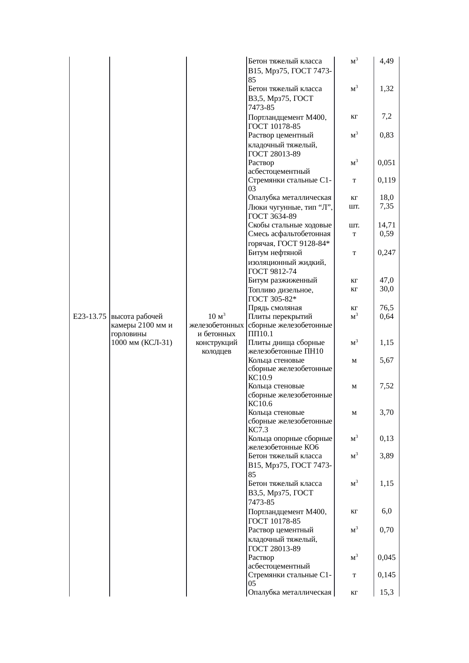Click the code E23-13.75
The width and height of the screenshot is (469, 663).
(x=89, y=316)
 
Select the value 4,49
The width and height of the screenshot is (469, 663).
(x=387, y=61)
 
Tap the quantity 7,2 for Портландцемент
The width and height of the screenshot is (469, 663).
(x=387, y=116)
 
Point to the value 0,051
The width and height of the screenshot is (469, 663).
(x=387, y=163)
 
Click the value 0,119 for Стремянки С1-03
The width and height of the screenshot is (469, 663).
(x=387, y=180)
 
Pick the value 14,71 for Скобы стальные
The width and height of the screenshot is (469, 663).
(x=387, y=225)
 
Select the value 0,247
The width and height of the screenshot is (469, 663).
(x=387, y=253)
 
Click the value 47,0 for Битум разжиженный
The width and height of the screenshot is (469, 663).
(x=387, y=280)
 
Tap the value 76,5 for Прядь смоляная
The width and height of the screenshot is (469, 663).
(x=387, y=308)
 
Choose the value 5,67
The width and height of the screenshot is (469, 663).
(x=387, y=360)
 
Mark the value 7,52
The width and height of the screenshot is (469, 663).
(x=387, y=386)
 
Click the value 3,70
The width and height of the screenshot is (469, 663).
(x=387, y=412)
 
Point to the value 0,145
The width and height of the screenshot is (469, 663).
(x=387, y=575)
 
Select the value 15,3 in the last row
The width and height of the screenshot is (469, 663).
(x=387, y=592)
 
